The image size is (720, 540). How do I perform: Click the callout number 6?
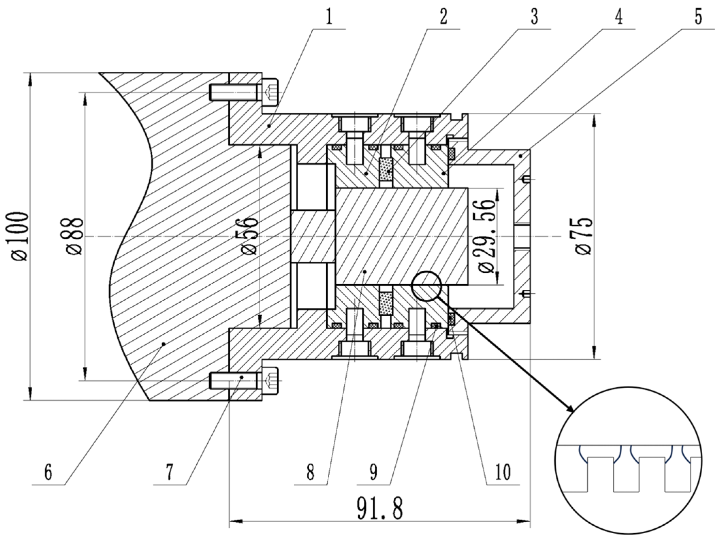click(48, 473)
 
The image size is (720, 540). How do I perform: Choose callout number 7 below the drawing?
click(169, 473)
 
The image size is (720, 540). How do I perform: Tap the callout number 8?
click(310, 473)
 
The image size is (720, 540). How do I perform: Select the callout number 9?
click(373, 473)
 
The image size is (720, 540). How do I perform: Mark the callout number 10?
click(503, 473)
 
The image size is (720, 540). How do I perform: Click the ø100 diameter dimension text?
click(20, 236)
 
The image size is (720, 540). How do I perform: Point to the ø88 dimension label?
click(75, 236)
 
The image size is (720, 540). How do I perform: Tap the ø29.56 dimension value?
click(486, 236)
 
